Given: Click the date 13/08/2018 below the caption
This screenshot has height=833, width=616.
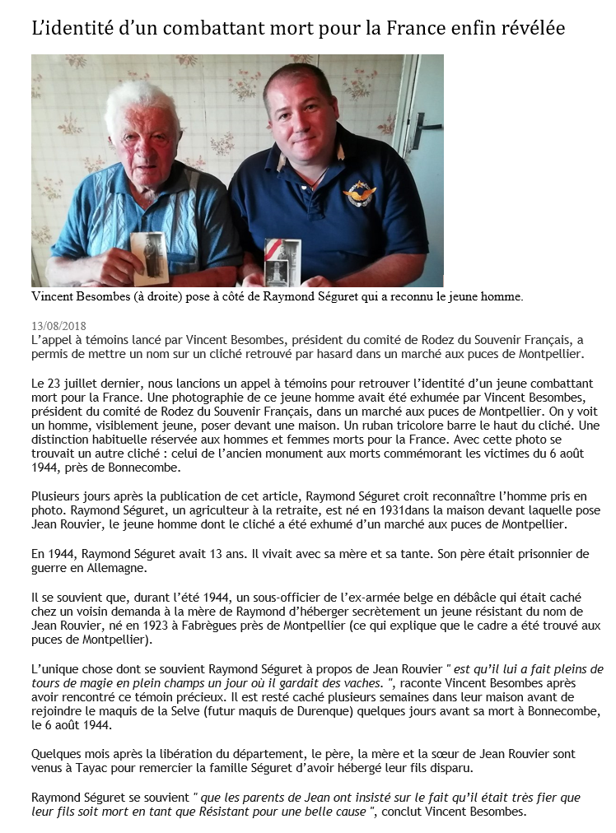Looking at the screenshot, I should pyautogui.click(x=58, y=326).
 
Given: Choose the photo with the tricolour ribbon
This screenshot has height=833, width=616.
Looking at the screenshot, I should pyautogui.click(x=282, y=262).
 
